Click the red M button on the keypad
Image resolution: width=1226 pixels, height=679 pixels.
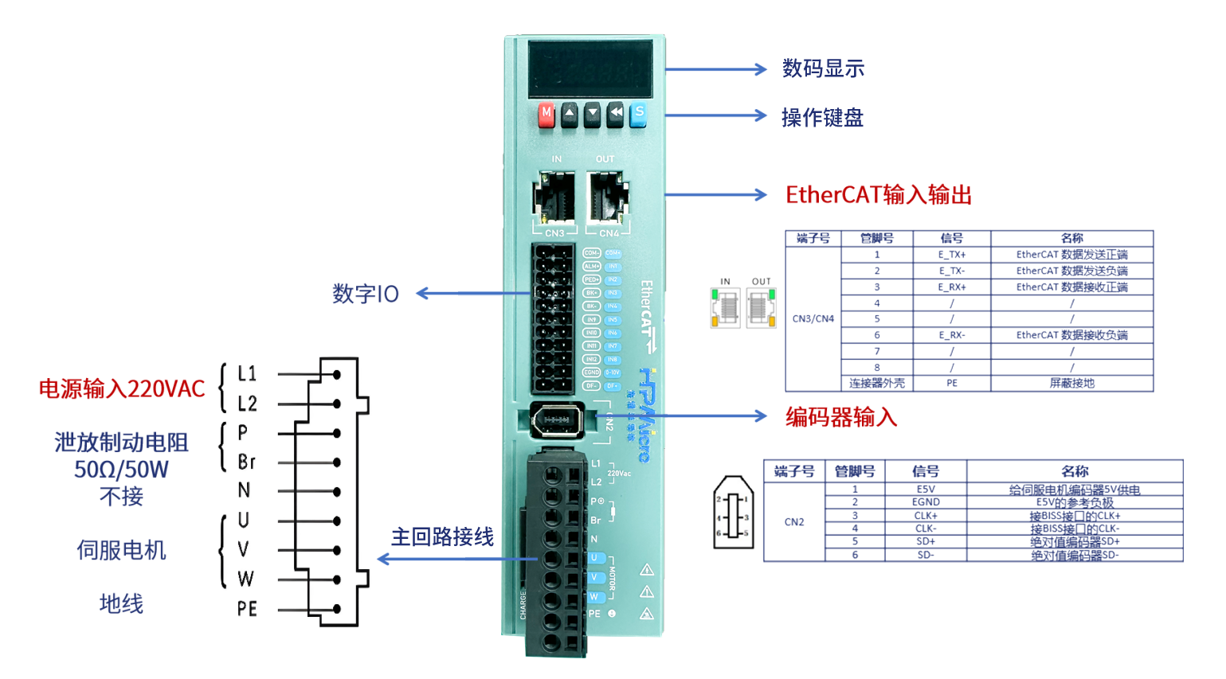click(x=546, y=114)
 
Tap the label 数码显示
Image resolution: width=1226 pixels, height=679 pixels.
click(x=823, y=68)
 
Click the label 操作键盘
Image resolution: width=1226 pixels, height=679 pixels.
click(x=822, y=118)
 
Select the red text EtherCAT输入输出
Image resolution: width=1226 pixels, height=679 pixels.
click(x=878, y=195)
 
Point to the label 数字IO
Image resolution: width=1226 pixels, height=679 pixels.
click(x=366, y=294)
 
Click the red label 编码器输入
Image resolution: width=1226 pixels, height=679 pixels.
click(x=840, y=416)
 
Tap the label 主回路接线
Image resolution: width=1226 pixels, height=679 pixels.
click(x=442, y=537)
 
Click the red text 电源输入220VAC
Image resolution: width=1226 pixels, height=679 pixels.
click(x=122, y=388)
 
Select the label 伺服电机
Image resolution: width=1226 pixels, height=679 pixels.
click(x=121, y=550)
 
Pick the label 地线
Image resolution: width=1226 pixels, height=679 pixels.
click(x=121, y=603)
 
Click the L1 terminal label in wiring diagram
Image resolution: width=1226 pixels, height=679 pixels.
click(x=247, y=373)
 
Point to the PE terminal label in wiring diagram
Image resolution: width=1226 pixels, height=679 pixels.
click(x=247, y=609)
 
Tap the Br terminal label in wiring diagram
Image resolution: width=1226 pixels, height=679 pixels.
click(x=246, y=462)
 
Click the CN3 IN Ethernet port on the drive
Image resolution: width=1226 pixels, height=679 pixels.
click(x=554, y=197)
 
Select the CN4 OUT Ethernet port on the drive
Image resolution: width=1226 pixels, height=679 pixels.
click(x=607, y=197)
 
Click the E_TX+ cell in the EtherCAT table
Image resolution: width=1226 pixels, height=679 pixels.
click(x=952, y=255)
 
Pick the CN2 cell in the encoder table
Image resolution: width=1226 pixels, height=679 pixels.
click(x=794, y=522)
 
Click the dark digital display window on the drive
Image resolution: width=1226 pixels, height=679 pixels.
click(x=590, y=68)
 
